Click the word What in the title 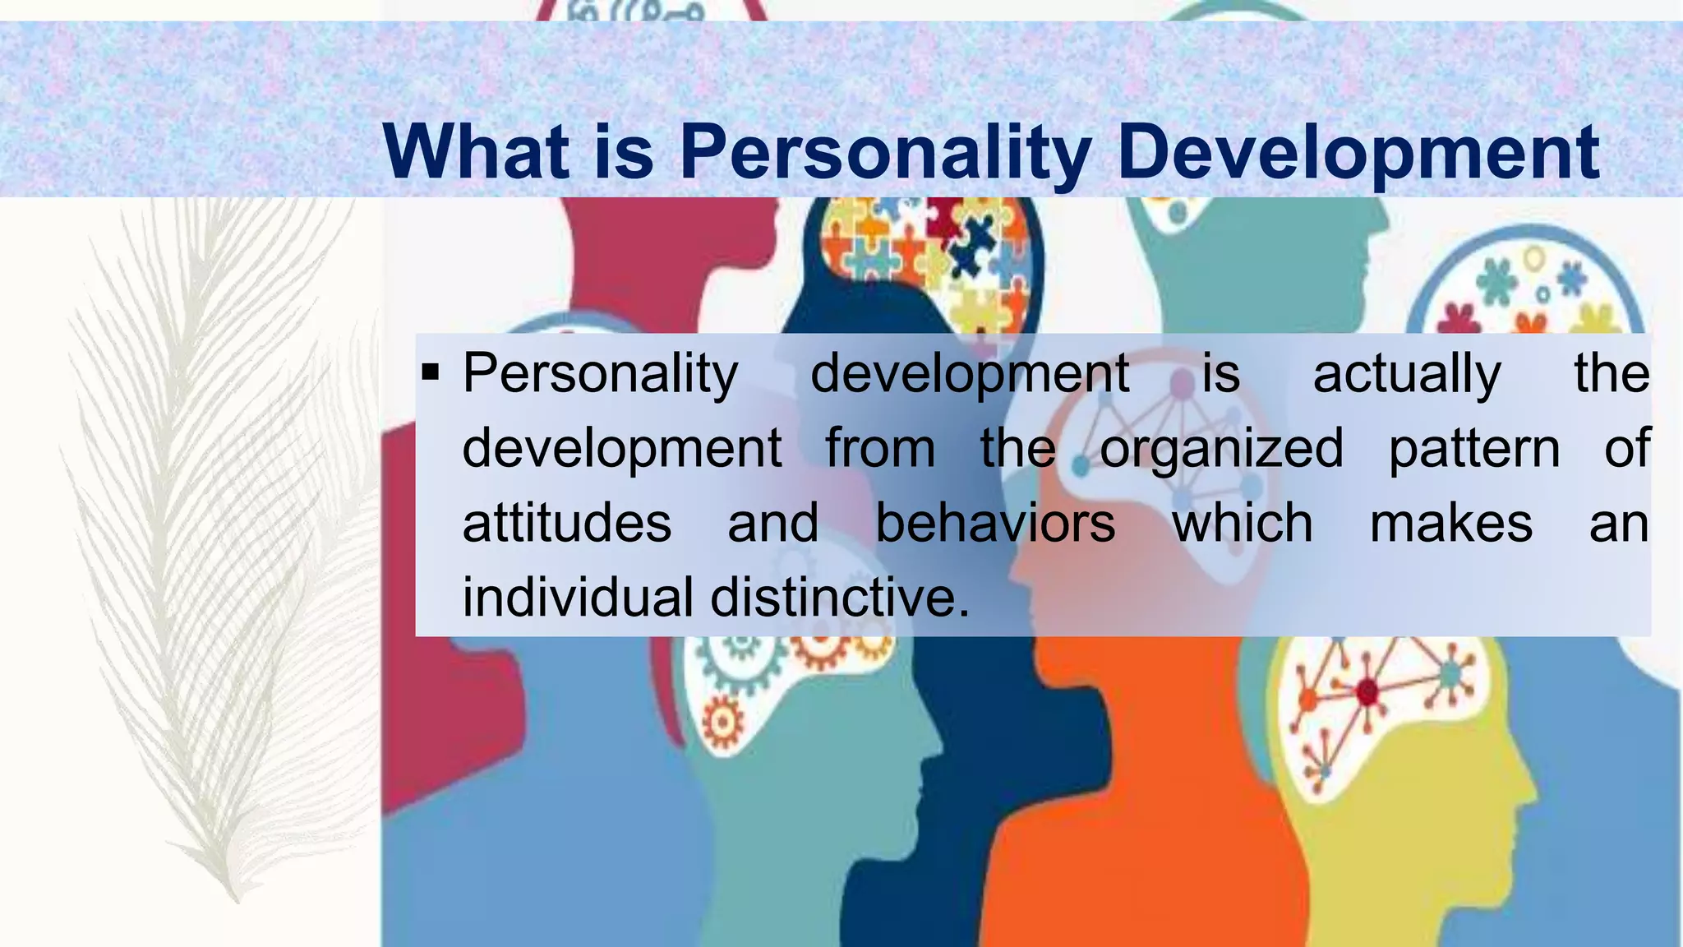(x=476, y=151)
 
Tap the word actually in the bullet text (x=1407, y=375)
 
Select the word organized (x=1221, y=449)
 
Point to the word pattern (x=1473, y=450)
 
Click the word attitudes (x=567, y=524)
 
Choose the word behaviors (x=995, y=523)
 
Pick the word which (x=1243, y=523)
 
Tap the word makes (x=1451, y=524)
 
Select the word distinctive (x=839, y=597)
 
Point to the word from (x=880, y=449)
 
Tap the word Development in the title (x=1358, y=153)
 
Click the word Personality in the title (x=885, y=153)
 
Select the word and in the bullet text (x=773, y=524)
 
